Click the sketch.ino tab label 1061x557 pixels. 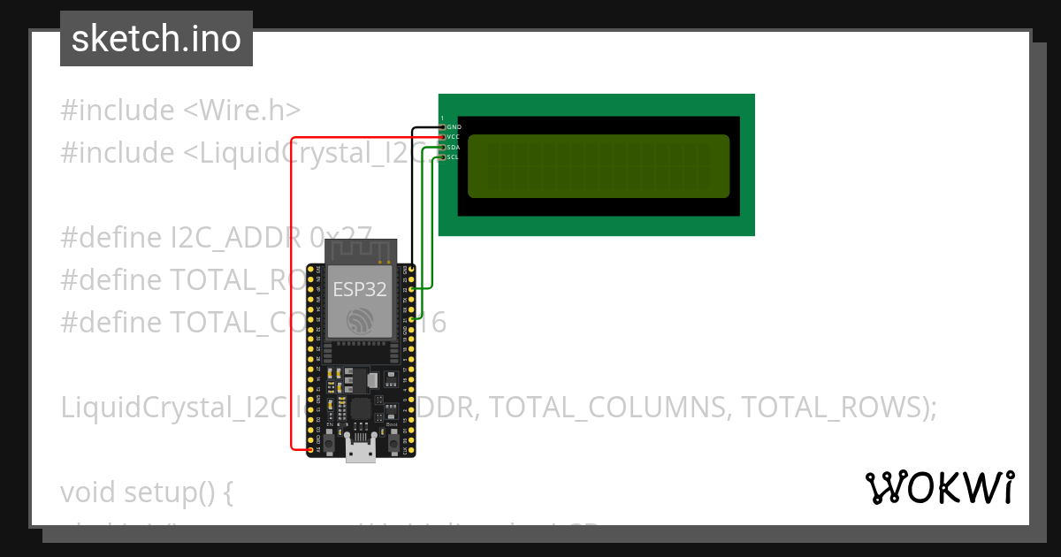pyautogui.click(x=156, y=39)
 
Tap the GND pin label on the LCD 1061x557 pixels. pyautogui.click(x=453, y=127)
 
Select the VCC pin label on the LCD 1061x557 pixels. pyautogui.click(x=453, y=137)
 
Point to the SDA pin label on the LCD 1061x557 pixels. pyautogui.click(x=453, y=147)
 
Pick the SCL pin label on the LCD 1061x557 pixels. pyautogui.click(x=453, y=157)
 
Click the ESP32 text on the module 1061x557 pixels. pyautogui.click(x=359, y=289)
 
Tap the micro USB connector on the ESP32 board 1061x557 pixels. pyautogui.click(x=360, y=450)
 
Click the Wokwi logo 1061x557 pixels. pyautogui.click(x=940, y=487)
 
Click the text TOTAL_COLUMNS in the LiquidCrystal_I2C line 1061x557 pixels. pyautogui.click(x=609, y=407)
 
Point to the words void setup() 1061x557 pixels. pyautogui.click(x=146, y=491)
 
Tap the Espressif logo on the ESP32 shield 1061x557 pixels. pyautogui.click(x=360, y=321)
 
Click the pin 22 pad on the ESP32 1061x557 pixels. pyautogui.click(x=412, y=288)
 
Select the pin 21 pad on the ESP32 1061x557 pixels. pyautogui.click(x=412, y=318)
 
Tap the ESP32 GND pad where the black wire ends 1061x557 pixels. pyautogui.click(x=412, y=268)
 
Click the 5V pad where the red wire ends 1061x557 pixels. pyautogui.click(x=309, y=450)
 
